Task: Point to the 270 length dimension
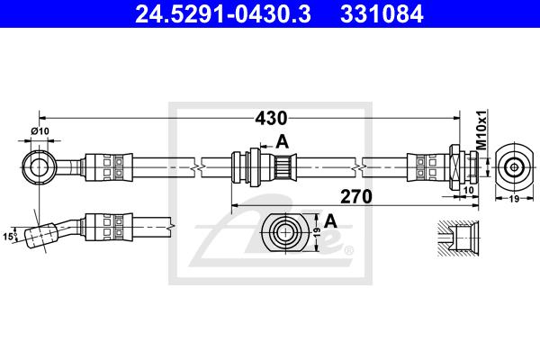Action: coord(357,195)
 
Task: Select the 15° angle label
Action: coord(10,237)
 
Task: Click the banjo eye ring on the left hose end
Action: coord(39,166)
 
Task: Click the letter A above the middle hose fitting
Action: coord(282,140)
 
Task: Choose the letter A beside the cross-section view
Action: coord(330,220)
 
